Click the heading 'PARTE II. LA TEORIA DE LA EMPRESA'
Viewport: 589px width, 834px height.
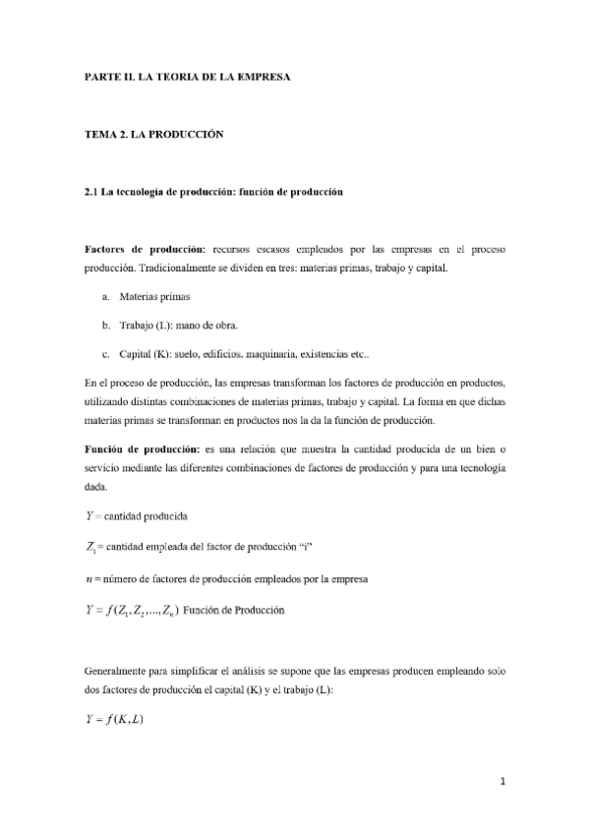point(187,75)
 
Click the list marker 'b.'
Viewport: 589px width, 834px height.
point(105,325)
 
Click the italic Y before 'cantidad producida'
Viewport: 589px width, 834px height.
point(88,515)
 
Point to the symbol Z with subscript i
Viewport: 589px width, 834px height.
point(90,548)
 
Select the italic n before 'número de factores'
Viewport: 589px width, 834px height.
point(88,579)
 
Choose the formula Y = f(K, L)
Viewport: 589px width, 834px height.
point(115,720)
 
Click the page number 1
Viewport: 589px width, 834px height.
point(501,782)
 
